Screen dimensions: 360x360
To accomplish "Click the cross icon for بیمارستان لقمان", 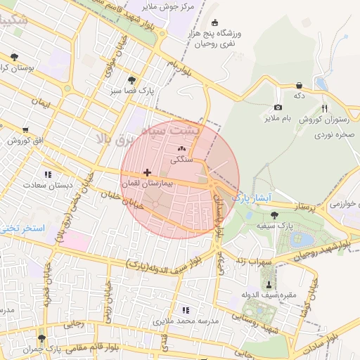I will click(147, 172).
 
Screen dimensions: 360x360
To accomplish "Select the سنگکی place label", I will click(181, 160).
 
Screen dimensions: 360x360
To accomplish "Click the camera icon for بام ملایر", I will click(278, 108).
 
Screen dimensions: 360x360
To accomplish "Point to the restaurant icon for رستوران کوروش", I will click(324, 108).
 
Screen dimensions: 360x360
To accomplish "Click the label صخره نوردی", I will click(333, 133).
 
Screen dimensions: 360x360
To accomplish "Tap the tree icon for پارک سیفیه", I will click(274, 214).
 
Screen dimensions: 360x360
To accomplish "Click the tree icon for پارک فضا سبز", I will click(132, 80).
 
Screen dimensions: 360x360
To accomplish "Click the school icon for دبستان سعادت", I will click(48, 174).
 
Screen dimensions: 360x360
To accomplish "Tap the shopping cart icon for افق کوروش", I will click(26, 129).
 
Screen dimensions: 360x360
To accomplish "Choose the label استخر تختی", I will click(23, 229).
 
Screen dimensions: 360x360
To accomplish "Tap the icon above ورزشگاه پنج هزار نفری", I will click(215, 21).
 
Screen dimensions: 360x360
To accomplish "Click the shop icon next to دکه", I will click(300, 85).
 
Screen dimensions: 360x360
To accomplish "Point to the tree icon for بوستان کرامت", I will click(15, 56).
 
